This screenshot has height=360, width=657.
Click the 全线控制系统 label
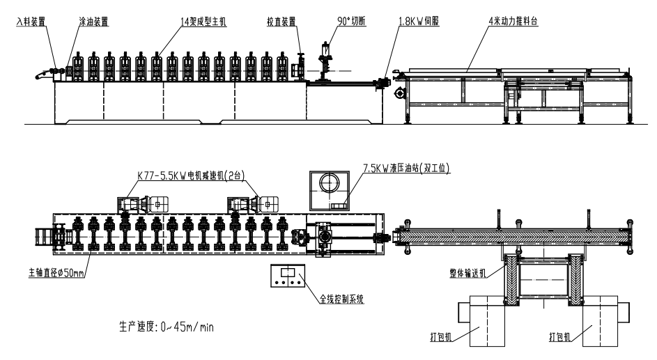(x=343, y=298)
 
